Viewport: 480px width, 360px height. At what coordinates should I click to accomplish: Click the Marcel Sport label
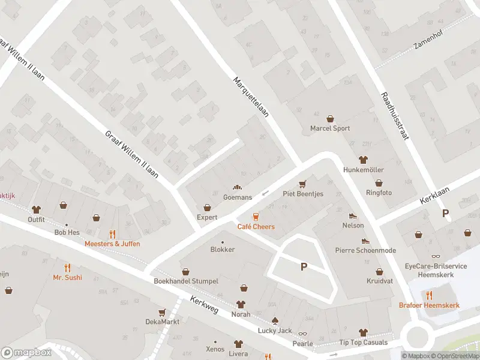click(329, 128)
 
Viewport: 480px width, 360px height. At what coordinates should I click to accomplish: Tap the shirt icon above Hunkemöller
click(362, 160)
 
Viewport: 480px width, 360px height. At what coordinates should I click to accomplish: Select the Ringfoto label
click(379, 193)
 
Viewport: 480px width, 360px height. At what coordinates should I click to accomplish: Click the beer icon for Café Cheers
click(256, 216)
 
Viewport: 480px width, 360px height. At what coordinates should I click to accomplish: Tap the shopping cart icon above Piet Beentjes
click(302, 184)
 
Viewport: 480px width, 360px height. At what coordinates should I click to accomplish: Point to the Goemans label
click(237, 197)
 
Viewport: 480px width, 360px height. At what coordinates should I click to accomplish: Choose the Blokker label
click(223, 250)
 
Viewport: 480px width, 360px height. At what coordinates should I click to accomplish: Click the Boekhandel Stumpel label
click(186, 281)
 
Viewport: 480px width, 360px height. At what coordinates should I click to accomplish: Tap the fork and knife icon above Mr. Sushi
click(67, 267)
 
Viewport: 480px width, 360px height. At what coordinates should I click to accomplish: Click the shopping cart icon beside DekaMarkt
click(162, 312)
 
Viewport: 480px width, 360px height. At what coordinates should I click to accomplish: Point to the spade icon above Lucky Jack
click(275, 320)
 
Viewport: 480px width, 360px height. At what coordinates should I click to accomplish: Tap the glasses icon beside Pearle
click(302, 334)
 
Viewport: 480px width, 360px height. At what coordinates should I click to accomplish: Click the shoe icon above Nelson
click(353, 215)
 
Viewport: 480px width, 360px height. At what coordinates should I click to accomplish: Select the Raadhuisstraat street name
click(394, 116)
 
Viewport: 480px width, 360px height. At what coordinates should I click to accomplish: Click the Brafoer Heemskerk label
click(429, 305)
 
